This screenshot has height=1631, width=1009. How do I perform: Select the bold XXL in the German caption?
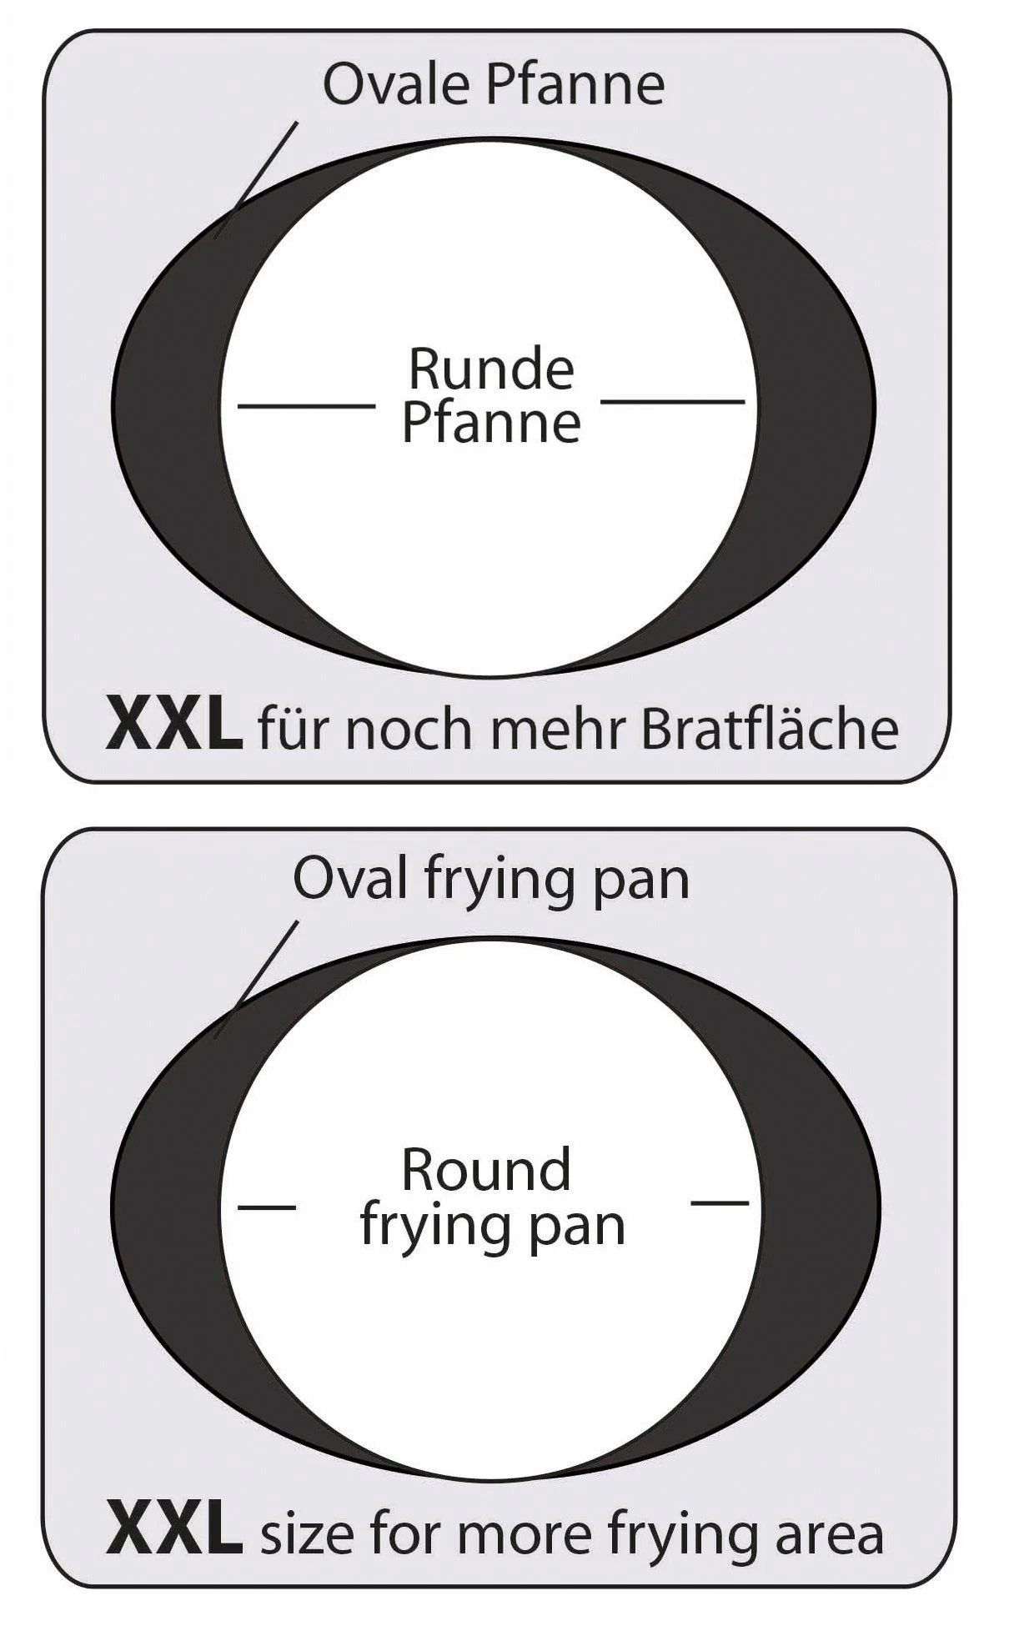coord(173,727)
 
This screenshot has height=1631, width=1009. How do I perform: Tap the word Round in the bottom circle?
coord(486,1169)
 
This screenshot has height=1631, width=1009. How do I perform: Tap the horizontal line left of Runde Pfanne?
coord(306,406)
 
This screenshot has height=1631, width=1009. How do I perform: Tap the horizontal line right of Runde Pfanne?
coord(672,402)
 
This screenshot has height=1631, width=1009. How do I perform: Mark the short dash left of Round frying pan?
coord(267,1206)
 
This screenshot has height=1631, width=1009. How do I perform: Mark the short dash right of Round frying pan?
coord(720,1202)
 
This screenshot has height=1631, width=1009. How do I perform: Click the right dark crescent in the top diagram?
coord(813,400)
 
